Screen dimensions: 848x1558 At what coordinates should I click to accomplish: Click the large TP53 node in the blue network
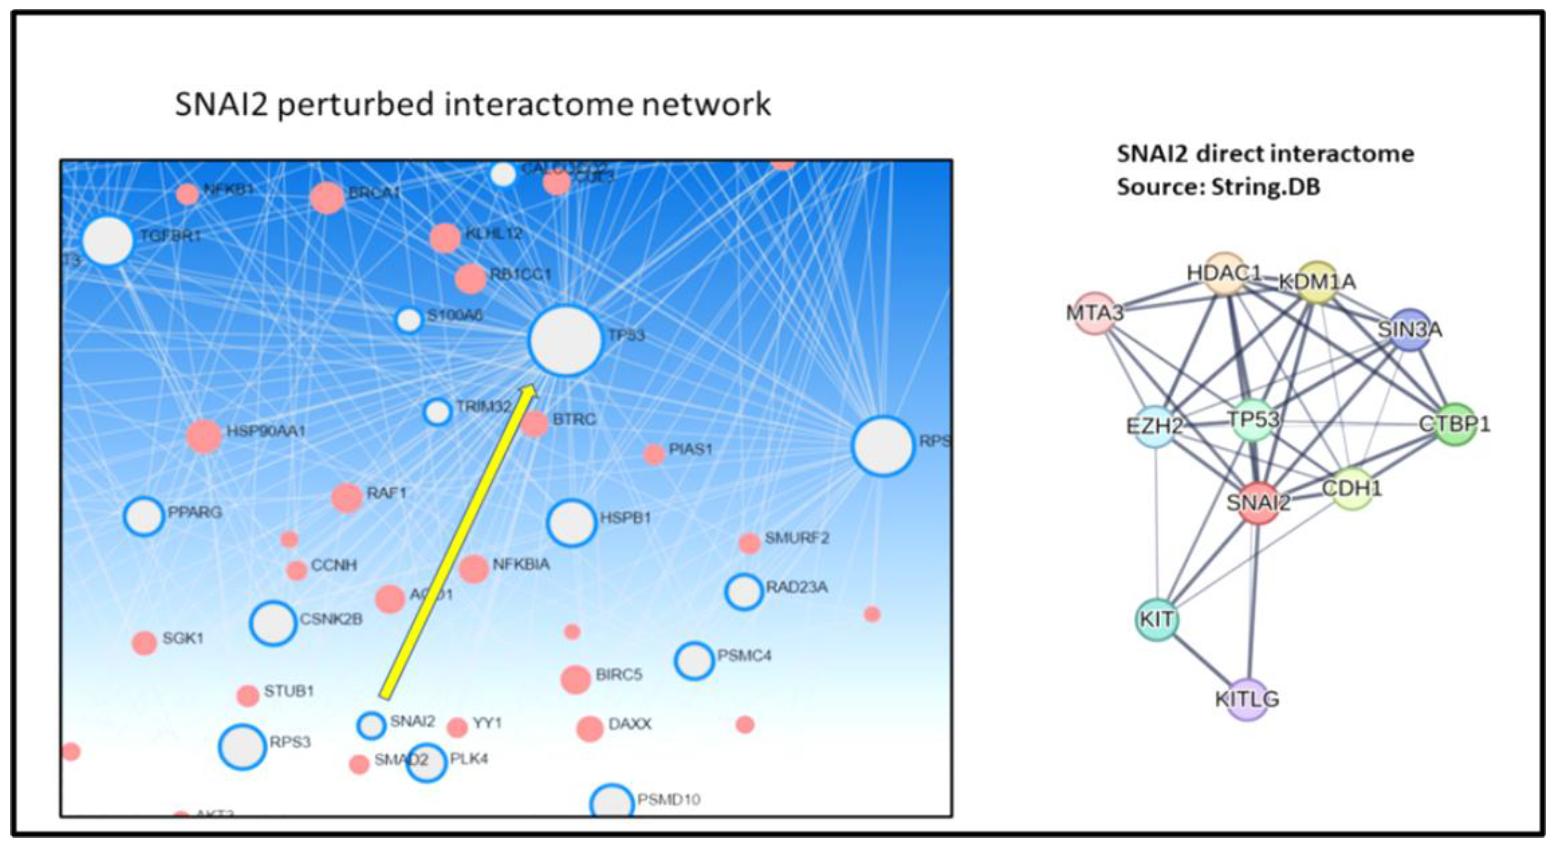click(x=565, y=341)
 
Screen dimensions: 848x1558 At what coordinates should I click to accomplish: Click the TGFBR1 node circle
click(x=108, y=241)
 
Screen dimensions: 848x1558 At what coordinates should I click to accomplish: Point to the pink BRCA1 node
click(x=327, y=198)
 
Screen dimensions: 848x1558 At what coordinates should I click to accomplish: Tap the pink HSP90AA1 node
click(x=204, y=436)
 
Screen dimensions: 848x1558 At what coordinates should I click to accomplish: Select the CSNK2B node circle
click(x=273, y=623)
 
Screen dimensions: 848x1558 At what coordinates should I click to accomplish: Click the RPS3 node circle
click(x=242, y=747)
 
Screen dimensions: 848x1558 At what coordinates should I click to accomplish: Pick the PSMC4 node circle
click(x=694, y=661)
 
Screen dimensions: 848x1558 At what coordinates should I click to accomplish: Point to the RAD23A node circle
click(x=743, y=592)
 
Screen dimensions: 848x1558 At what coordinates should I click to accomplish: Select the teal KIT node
click(x=1157, y=619)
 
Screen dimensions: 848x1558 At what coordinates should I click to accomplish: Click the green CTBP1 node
click(x=1455, y=425)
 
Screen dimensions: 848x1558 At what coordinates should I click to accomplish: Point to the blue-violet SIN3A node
click(x=1410, y=330)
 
